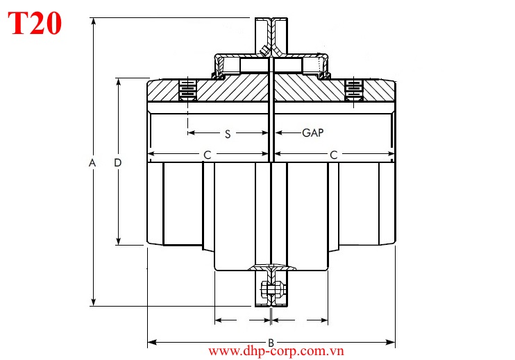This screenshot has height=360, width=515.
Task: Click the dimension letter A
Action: [x=92, y=162]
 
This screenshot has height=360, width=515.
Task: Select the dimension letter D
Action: [x=118, y=162]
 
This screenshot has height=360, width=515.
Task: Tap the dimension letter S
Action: [x=228, y=134]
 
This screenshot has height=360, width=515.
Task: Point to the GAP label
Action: [x=313, y=132]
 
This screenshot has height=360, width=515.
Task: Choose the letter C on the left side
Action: [x=207, y=155]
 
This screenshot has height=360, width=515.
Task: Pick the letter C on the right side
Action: [x=334, y=155]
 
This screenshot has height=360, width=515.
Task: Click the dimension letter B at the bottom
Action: [x=271, y=342]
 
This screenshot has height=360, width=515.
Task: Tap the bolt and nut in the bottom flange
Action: [x=271, y=290]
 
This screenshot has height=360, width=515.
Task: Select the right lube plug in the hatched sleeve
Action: [x=354, y=89]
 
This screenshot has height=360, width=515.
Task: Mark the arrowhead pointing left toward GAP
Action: [x=278, y=132]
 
